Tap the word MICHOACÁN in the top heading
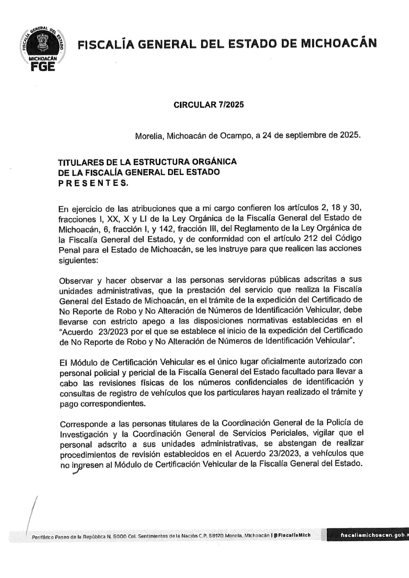tap(338, 44)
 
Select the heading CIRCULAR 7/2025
tap(209, 105)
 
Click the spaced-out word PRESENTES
tap(93, 183)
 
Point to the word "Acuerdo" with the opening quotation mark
tap(76, 331)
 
